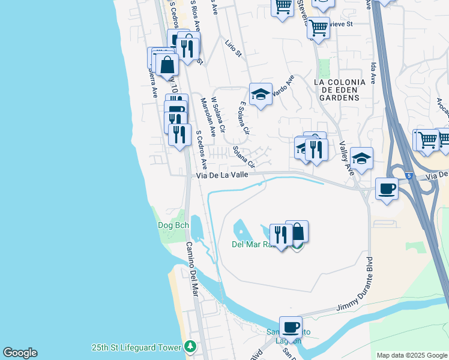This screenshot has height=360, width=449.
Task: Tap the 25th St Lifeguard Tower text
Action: tap(136, 347)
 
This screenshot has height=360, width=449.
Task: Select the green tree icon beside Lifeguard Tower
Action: tap(190, 347)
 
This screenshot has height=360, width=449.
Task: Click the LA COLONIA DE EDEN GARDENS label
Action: tap(340, 89)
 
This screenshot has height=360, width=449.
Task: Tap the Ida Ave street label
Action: tap(373, 71)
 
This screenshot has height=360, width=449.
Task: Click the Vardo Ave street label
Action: tap(283, 86)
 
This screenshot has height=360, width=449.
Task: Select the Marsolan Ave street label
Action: tap(208, 116)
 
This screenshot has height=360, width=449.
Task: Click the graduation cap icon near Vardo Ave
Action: tap(261, 94)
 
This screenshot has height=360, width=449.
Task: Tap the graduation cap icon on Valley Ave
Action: tap(361, 158)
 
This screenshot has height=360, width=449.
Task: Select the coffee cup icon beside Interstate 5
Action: tap(387, 188)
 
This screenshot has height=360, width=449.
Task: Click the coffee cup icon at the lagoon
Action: tap(291, 327)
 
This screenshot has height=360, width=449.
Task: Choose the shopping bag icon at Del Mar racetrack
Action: tap(297, 231)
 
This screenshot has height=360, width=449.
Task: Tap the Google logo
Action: tap(20, 353)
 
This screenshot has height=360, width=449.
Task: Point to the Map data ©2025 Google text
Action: tap(412, 355)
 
